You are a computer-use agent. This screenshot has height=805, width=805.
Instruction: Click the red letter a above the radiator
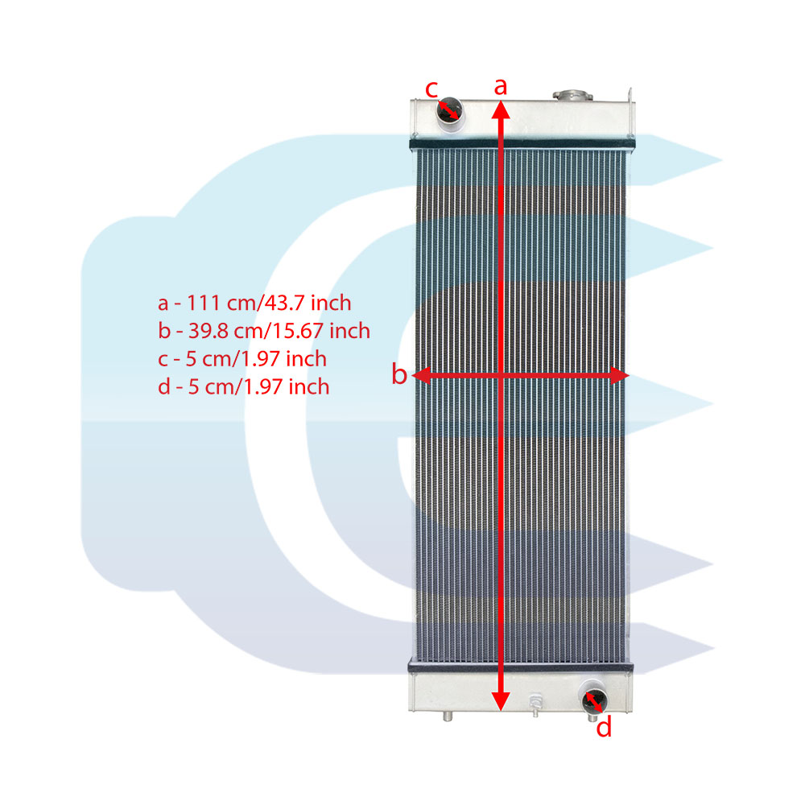(x=501, y=87)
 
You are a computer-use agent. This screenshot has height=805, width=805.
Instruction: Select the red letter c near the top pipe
(x=431, y=89)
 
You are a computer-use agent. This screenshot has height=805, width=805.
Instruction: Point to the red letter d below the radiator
(x=604, y=727)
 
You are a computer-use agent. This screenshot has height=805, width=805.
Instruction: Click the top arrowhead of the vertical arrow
(x=501, y=109)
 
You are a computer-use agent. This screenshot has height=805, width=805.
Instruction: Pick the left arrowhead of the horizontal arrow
(x=421, y=376)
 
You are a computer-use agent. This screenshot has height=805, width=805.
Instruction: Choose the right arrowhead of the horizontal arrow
(x=620, y=376)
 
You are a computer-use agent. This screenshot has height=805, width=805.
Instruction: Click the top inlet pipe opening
(x=449, y=111)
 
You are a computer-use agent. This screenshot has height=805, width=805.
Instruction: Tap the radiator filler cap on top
(x=572, y=95)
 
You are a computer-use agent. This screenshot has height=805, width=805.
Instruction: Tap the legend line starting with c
(x=242, y=359)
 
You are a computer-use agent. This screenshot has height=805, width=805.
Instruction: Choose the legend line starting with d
(x=244, y=386)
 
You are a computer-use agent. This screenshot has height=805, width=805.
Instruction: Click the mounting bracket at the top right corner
(x=630, y=97)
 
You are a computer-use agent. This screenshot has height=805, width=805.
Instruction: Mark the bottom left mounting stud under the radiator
(x=448, y=716)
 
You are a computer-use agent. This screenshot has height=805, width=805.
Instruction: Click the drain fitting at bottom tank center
(x=535, y=704)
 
